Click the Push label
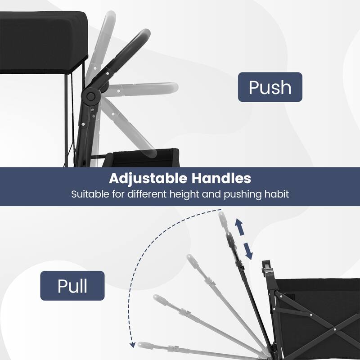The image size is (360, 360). pos(270,87)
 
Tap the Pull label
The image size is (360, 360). pos(72,286)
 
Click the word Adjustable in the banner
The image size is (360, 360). pos(148,179)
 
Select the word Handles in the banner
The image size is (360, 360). pos(221,178)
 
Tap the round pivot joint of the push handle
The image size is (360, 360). pos(91,96)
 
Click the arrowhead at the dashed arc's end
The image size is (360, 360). pos(132,345)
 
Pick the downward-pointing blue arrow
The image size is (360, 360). pos(248,251)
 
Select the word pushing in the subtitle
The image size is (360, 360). pos(243,194)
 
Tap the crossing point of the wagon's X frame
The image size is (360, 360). pos(335,329)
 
